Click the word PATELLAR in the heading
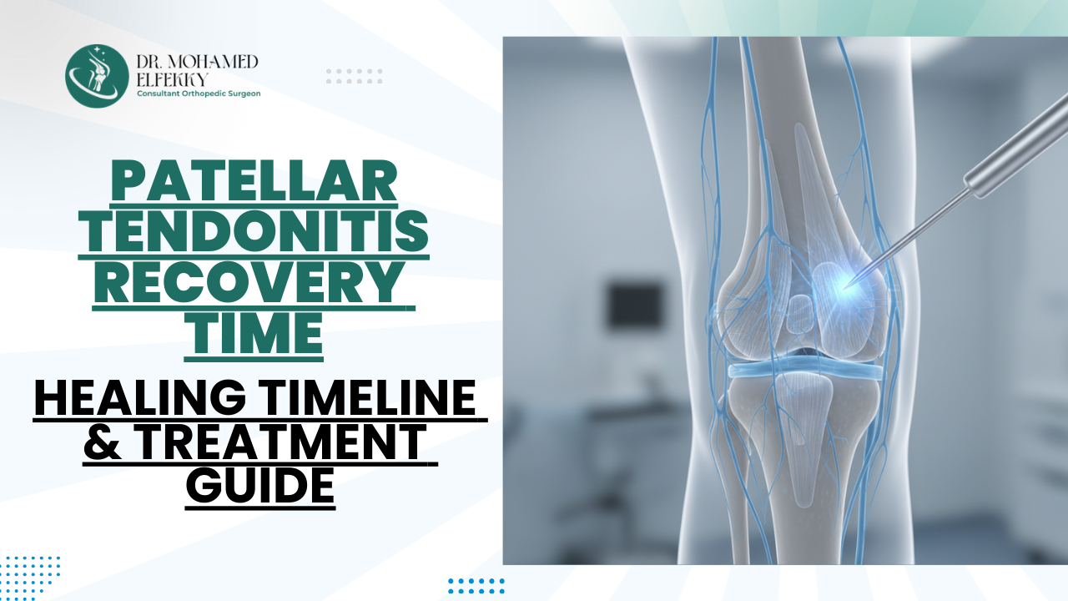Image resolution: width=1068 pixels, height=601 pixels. (x=254, y=182)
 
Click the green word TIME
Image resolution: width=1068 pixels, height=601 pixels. (x=254, y=334)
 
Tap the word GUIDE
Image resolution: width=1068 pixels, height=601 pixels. (x=259, y=485)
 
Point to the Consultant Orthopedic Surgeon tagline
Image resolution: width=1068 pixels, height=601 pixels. (x=199, y=94)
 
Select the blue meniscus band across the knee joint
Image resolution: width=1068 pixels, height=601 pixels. (x=804, y=371)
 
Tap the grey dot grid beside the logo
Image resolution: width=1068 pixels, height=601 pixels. (x=354, y=76)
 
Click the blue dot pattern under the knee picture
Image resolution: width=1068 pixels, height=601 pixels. (x=476, y=585)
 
